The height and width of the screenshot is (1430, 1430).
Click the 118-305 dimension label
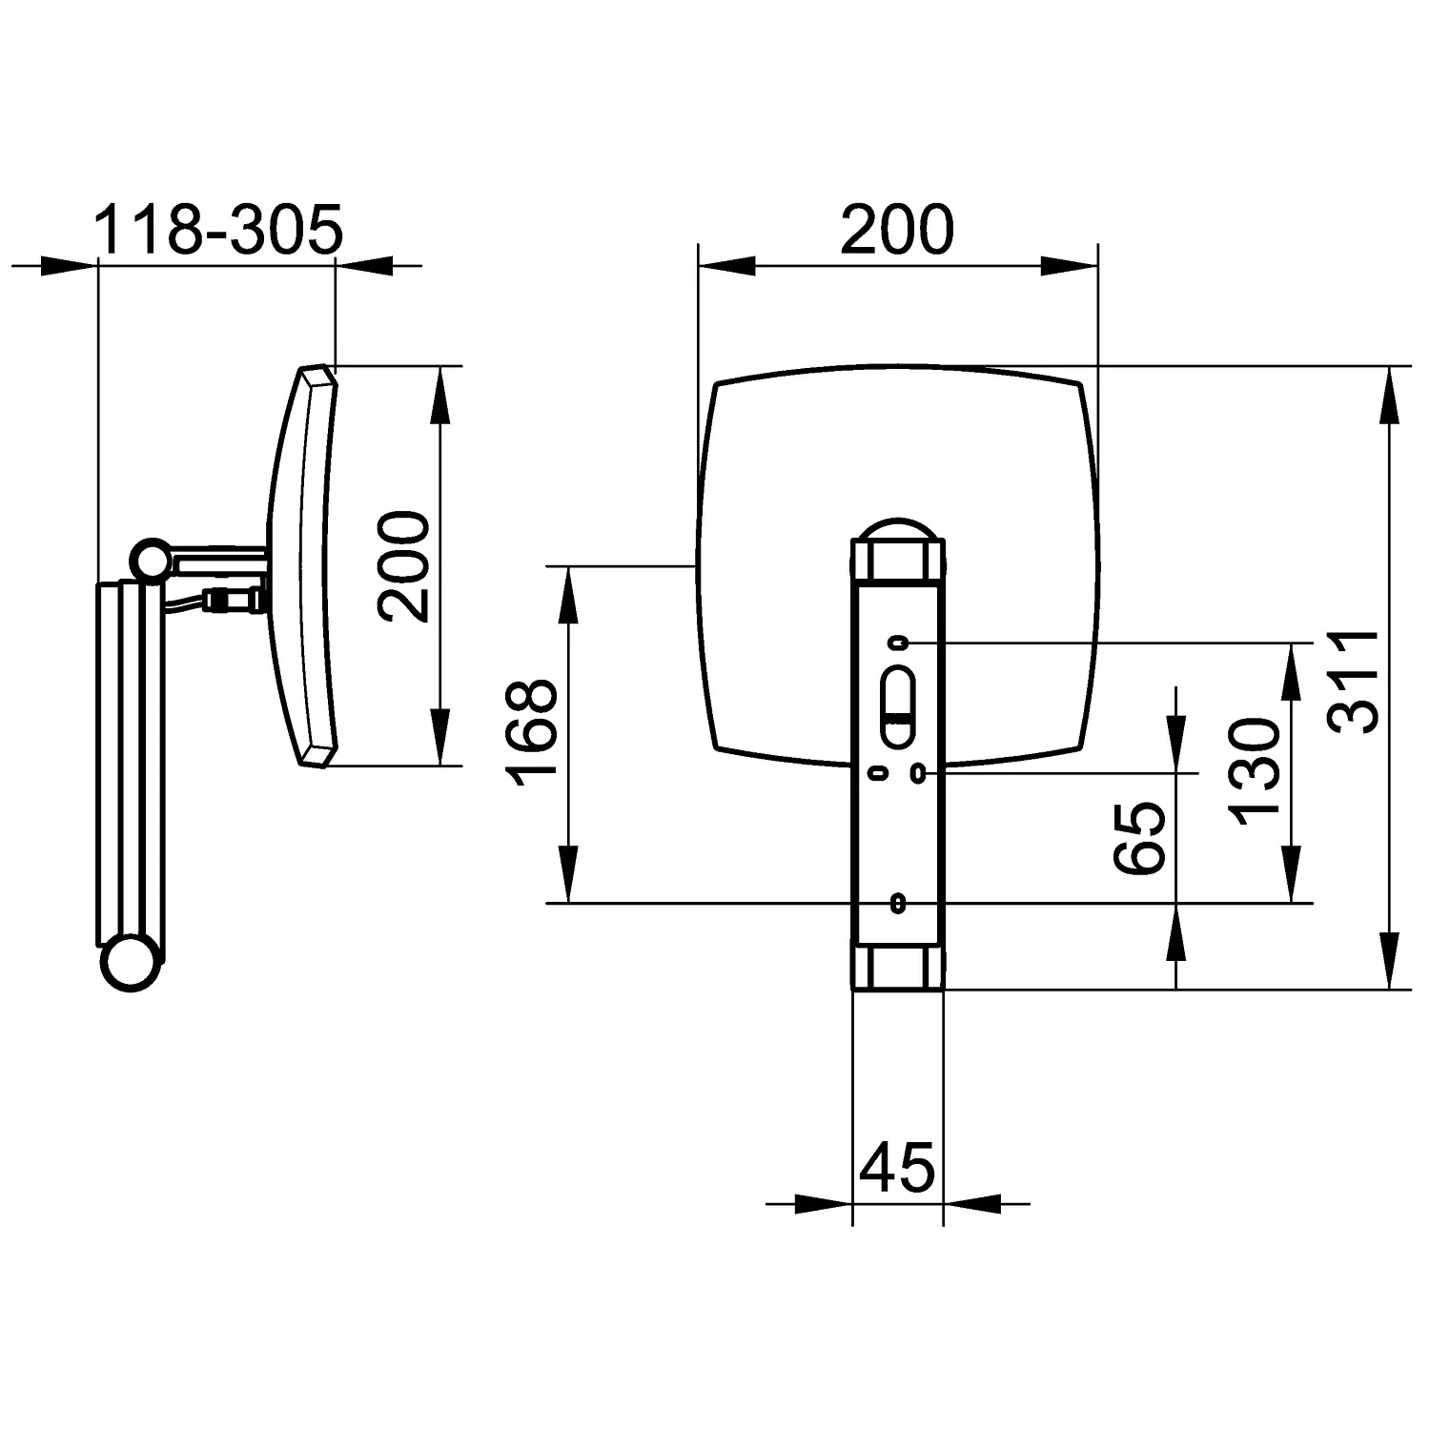tap(218, 230)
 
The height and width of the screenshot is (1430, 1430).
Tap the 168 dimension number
tap(531, 732)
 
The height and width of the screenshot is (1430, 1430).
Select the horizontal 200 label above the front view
tap(897, 230)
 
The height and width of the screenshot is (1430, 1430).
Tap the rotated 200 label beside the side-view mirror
tap(402, 566)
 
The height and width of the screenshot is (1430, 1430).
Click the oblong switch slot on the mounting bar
tap(898, 705)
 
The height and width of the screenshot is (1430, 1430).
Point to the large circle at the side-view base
tap(131, 964)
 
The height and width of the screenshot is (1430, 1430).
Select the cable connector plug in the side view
tap(234, 601)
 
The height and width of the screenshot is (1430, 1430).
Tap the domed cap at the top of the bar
tap(897, 530)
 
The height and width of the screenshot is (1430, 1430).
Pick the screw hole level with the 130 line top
tap(897, 643)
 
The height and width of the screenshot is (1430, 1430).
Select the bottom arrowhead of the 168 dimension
tap(568, 874)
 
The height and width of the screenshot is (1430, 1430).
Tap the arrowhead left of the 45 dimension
tap(825, 1204)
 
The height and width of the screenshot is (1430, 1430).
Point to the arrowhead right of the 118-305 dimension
tap(363, 266)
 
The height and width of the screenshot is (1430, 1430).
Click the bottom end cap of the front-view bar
tap(897, 966)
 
